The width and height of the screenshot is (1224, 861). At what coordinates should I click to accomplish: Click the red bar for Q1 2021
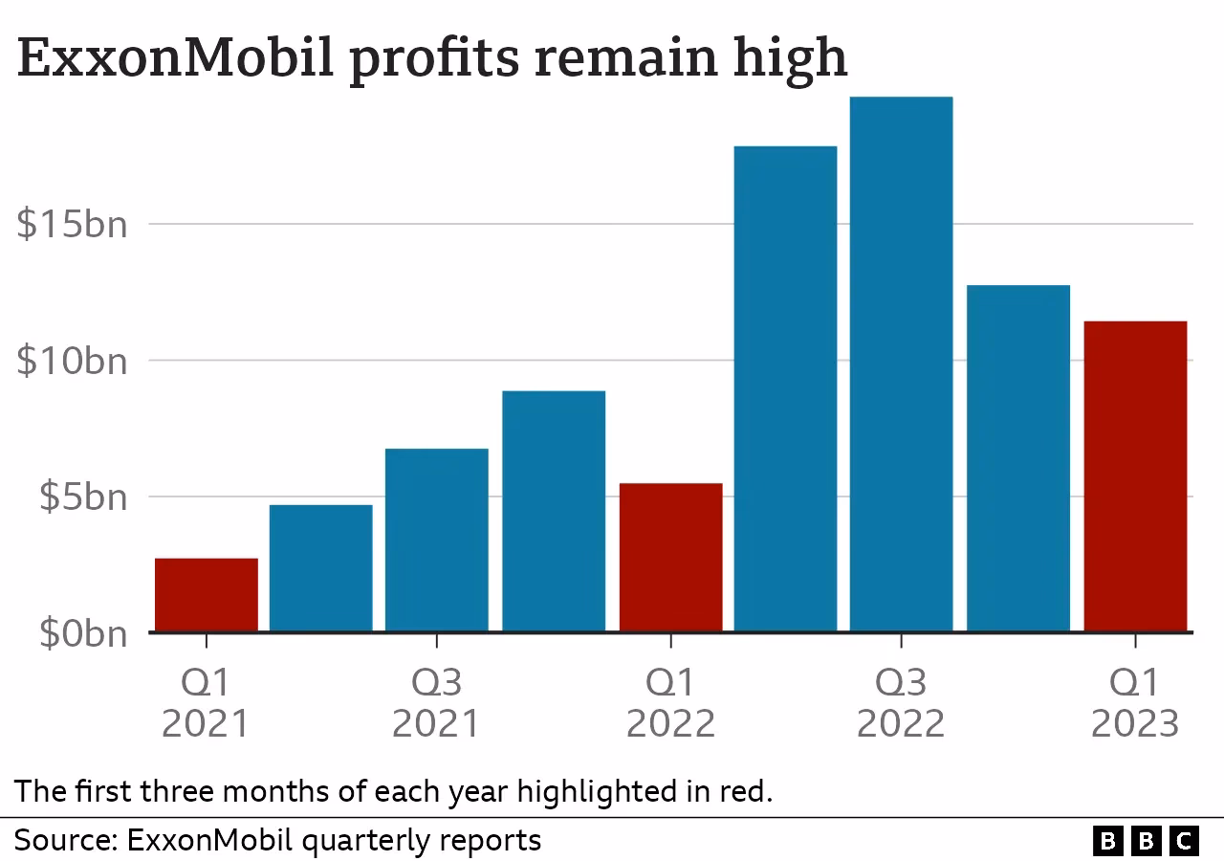coord(206,594)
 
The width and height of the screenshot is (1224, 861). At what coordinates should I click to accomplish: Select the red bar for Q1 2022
coord(670,557)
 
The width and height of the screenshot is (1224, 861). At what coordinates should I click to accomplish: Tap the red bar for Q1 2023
coord(1135,476)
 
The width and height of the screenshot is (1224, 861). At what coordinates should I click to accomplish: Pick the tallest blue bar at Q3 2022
coord(901,364)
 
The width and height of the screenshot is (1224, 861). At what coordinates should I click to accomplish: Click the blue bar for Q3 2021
coord(437,540)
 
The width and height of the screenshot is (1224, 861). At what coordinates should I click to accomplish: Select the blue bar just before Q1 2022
coord(554,511)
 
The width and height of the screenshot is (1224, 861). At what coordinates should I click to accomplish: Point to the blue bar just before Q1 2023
coord(1018,458)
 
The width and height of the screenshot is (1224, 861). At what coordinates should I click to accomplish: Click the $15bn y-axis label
coord(72,225)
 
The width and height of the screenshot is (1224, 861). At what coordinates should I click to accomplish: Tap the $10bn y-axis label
coord(72,362)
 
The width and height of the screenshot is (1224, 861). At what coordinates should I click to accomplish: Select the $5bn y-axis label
coord(82,497)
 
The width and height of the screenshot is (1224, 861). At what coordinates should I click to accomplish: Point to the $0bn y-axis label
coord(82,633)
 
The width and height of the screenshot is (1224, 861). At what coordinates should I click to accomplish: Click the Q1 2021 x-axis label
coord(206,703)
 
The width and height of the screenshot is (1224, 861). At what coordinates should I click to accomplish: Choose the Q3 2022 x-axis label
coord(901,703)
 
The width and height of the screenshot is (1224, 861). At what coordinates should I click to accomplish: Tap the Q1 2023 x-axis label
coord(1135,703)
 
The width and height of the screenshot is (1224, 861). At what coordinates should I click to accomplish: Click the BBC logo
coord(1146,841)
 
